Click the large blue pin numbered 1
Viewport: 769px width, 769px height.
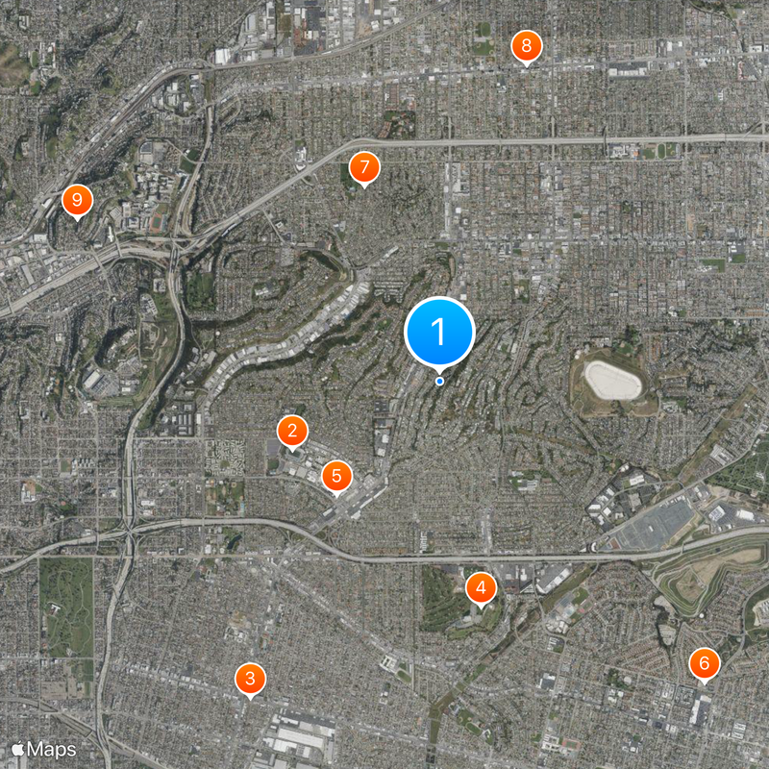tap(439, 332)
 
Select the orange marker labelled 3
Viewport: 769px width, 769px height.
tap(250, 680)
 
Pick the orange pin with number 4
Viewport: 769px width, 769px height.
tap(481, 587)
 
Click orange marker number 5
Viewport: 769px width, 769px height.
tap(336, 475)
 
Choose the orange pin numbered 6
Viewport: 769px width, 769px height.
tap(704, 663)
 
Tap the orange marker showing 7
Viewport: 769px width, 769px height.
tap(363, 168)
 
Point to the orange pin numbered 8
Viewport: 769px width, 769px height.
tap(526, 46)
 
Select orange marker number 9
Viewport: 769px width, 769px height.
tap(76, 201)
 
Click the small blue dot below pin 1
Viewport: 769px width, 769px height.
tap(440, 382)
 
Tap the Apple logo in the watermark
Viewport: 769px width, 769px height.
tap(17, 748)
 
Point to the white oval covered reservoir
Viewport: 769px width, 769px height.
tap(612, 381)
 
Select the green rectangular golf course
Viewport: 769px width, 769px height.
tap(66, 607)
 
